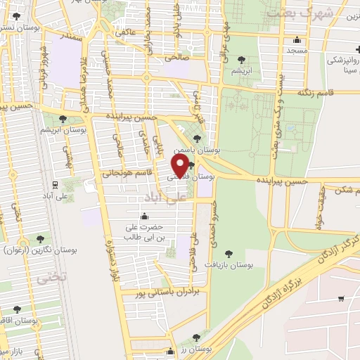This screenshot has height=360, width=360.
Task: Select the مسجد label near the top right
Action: pyautogui.click(x=293, y=51)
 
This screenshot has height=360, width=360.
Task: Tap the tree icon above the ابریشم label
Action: pyautogui.click(x=243, y=60)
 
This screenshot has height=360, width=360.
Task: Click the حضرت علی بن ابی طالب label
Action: pyautogui.click(x=144, y=233)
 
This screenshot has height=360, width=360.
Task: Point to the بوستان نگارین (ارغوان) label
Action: pyautogui.click(x=39, y=250)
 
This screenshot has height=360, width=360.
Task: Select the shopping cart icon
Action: pyautogui.click(x=340, y=299)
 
